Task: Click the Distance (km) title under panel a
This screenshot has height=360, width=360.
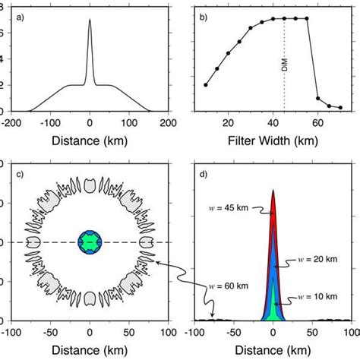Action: [90, 140]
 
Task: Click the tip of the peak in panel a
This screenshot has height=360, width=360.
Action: [90, 20]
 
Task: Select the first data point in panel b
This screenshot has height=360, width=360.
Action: [206, 85]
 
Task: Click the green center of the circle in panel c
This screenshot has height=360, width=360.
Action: [90, 242]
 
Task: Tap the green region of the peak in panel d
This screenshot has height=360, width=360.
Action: [273, 308]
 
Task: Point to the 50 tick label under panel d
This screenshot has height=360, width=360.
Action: [312, 333]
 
